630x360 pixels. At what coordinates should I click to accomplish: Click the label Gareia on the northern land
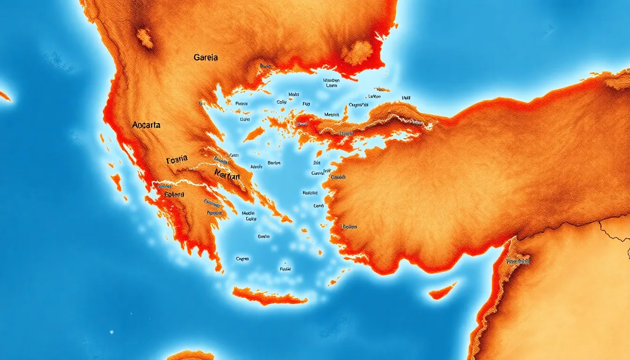[x=205, y=58]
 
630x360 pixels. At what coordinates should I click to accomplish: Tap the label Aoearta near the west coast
[x=146, y=125]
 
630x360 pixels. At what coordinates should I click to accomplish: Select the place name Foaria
[x=177, y=159]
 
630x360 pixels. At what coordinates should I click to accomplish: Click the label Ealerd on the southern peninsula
[x=174, y=194]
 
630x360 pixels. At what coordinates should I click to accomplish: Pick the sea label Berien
[x=274, y=163]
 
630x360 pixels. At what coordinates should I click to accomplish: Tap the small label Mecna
[x=332, y=114]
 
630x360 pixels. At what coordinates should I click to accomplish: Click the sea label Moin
[x=294, y=94]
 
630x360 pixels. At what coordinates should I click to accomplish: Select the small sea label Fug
[x=306, y=103]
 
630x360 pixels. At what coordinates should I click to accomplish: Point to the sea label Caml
[x=319, y=206]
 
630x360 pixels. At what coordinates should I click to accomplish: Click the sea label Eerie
[x=264, y=237]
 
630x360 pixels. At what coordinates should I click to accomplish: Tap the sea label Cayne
[x=242, y=258]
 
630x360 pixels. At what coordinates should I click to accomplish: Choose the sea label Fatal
[x=285, y=270]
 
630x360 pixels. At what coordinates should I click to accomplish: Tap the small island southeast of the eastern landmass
[x=442, y=291]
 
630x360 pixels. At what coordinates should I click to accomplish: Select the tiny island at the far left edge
[x=4, y=96]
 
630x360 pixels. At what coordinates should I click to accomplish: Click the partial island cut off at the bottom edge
[x=190, y=355]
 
